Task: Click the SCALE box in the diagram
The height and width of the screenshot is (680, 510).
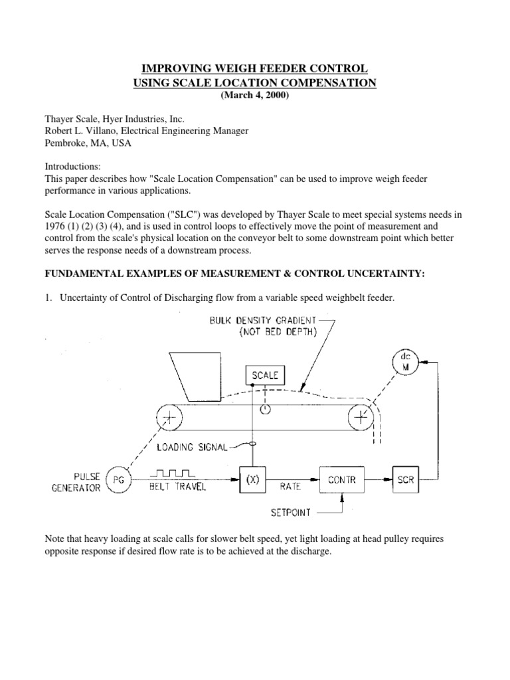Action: [265, 376]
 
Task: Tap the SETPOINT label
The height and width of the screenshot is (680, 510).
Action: [291, 513]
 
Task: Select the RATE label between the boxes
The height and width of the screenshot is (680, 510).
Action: [290, 486]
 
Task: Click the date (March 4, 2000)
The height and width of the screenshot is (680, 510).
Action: [255, 96]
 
